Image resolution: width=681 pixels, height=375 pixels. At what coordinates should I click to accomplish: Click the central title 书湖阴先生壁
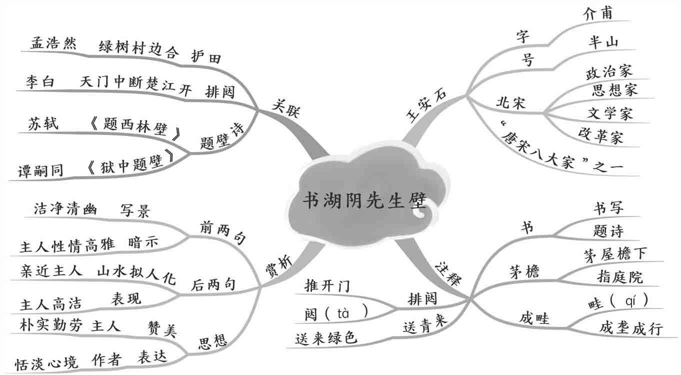point(365,200)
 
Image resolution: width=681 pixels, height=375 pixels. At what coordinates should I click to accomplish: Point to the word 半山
point(603,42)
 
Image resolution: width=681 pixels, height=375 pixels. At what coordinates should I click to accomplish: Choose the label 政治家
point(608,71)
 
